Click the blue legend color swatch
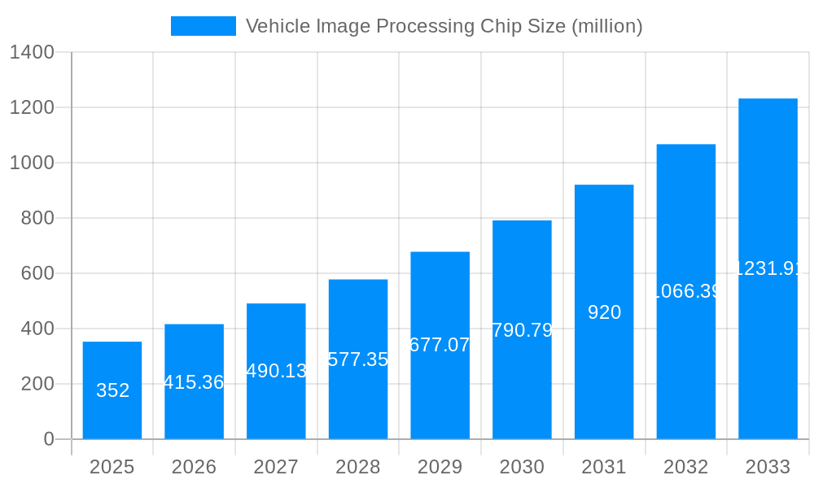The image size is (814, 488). click(203, 26)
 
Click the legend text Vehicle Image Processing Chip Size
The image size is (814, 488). click(444, 26)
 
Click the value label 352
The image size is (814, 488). click(112, 390)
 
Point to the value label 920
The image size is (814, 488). click(604, 312)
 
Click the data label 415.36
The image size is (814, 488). click(194, 382)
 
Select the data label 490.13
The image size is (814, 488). click(276, 371)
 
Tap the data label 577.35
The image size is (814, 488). click(358, 359)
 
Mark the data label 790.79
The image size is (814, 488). click(522, 330)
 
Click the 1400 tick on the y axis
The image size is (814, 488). click(32, 52)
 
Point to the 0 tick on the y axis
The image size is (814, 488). click(48, 439)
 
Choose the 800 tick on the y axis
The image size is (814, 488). click(37, 218)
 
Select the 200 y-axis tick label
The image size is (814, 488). click(37, 384)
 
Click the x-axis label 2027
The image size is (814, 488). click(276, 467)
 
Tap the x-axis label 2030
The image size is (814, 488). click(522, 467)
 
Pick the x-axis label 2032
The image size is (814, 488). click(685, 467)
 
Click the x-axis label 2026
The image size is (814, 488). click(194, 467)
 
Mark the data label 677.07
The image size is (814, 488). click(440, 345)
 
